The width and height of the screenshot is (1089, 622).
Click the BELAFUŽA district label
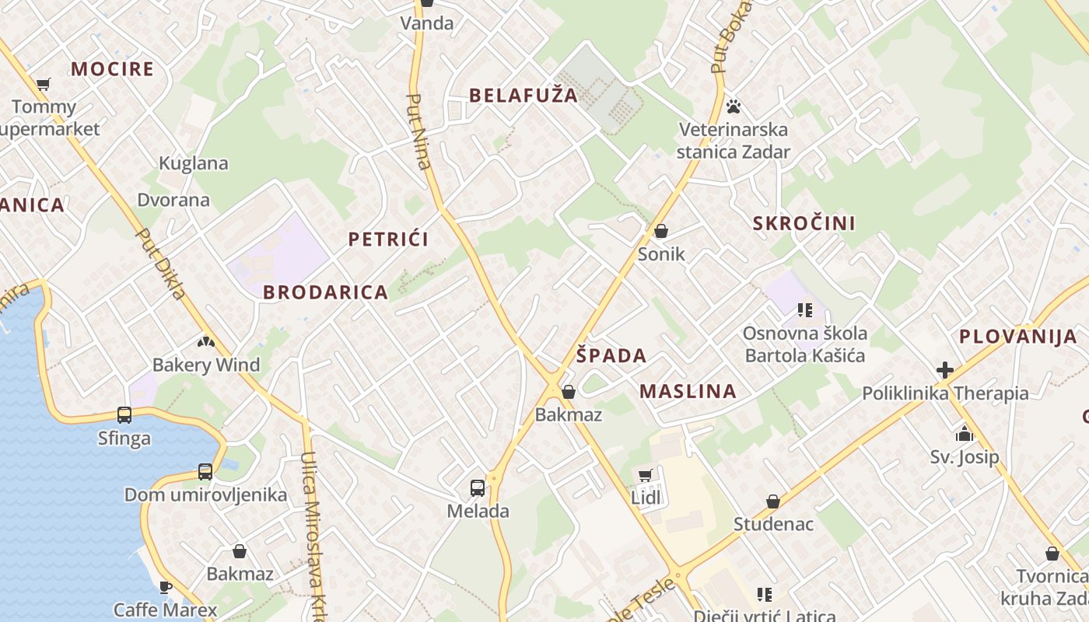click(x=523, y=96)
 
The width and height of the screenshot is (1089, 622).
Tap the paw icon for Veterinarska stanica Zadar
click(x=733, y=106)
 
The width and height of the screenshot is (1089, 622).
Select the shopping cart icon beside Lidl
click(x=645, y=475)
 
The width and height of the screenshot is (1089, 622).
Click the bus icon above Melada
click(x=478, y=488)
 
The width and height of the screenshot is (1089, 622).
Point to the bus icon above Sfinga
click(x=124, y=415)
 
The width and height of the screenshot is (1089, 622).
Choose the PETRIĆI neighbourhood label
click(x=388, y=239)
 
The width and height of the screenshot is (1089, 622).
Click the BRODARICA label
click(x=325, y=292)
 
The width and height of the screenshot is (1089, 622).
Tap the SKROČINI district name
click(x=804, y=224)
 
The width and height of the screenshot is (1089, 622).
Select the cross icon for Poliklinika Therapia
click(x=945, y=370)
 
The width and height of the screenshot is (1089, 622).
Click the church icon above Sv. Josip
click(x=965, y=434)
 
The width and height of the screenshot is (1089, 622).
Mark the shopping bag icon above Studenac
click(x=772, y=501)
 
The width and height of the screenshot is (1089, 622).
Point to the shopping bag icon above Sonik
click(x=661, y=231)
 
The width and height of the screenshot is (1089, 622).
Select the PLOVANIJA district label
click(x=1017, y=337)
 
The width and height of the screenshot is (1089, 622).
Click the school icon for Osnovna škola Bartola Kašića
click(x=805, y=310)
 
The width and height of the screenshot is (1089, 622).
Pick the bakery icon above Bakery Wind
click(x=205, y=341)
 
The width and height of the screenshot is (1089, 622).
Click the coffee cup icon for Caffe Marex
click(x=165, y=586)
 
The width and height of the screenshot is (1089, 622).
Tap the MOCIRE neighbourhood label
click(x=113, y=68)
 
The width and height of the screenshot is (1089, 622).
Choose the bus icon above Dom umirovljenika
click(x=205, y=471)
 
